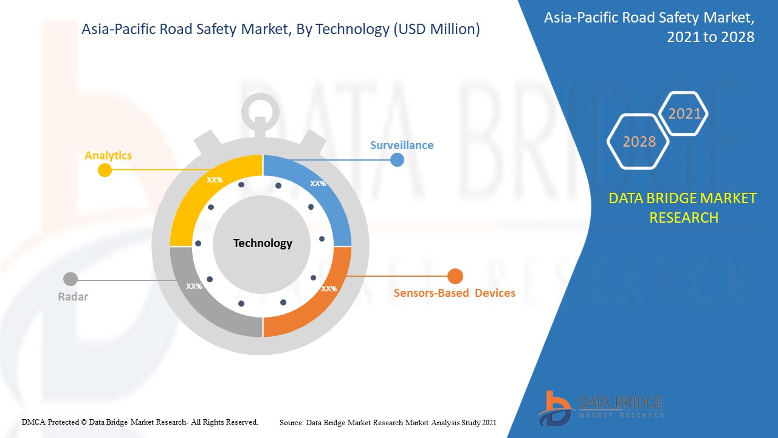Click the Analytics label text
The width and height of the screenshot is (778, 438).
click(x=108, y=156)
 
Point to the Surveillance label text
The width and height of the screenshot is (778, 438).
click(x=402, y=145)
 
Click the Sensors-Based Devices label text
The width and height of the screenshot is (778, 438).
click(x=454, y=293)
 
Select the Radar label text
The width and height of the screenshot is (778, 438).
click(x=73, y=297)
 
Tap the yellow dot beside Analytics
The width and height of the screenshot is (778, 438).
click(x=105, y=170)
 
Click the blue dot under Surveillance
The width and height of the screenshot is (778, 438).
click(x=397, y=160)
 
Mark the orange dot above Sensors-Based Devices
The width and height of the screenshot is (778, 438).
click(x=455, y=277)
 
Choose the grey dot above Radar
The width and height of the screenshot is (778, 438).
click(x=71, y=279)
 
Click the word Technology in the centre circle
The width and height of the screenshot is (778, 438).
click(x=263, y=243)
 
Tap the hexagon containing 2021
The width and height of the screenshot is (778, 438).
click(x=684, y=114)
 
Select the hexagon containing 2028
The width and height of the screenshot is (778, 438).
click(x=639, y=141)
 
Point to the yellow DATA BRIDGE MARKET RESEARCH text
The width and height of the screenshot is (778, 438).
click(x=683, y=207)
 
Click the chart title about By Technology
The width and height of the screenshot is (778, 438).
click(x=280, y=29)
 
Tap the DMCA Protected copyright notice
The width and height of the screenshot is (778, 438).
click(x=140, y=422)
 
